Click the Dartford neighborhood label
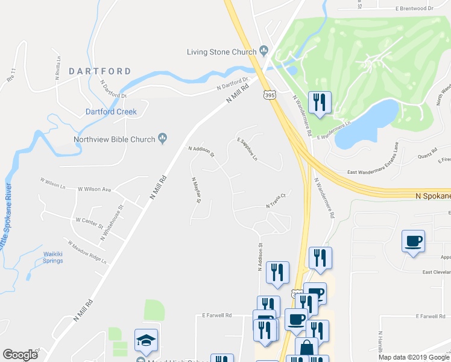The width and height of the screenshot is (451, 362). (x=99, y=71)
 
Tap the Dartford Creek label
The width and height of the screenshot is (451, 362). (x=111, y=112)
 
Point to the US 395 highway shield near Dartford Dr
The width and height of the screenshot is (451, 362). (x=270, y=95)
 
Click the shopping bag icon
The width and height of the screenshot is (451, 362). (x=306, y=348)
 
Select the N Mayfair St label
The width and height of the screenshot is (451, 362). (x=195, y=190)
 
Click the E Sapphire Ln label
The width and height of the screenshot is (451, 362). (x=247, y=149)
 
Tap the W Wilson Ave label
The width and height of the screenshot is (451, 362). (x=95, y=189)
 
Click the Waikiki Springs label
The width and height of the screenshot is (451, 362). (x=53, y=257)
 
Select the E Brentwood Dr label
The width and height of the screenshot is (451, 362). (x=415, y=8)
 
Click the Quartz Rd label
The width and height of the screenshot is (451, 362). (x=427, y=156)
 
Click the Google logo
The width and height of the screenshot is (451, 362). (x=20, y=355)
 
